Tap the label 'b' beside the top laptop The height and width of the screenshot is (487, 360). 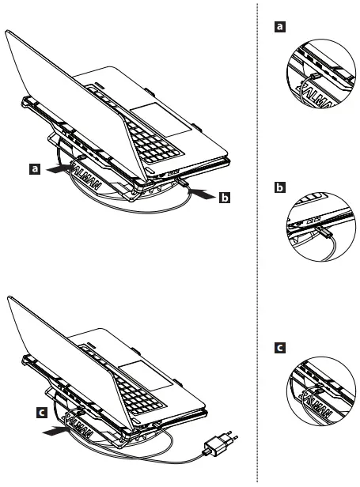click(x=225, y=198)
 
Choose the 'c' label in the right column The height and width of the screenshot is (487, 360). click(x=278, y=348)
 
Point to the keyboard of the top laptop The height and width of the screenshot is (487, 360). click(x=162, y=149)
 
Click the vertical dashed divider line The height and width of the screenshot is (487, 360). click(x=258, y=237)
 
